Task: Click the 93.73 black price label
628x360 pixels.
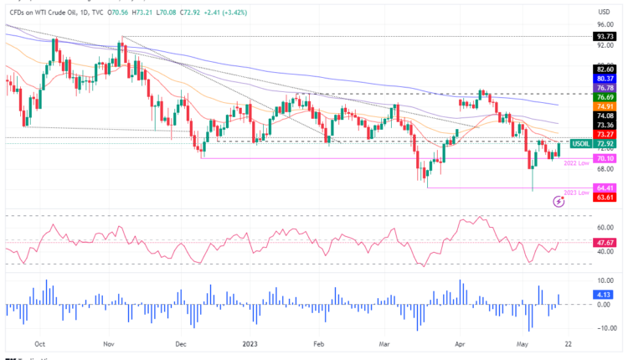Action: (604, 37)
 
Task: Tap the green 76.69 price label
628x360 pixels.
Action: (604, 97)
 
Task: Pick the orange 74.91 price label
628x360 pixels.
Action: (604, 106)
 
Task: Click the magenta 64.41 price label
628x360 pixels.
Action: (604, 188)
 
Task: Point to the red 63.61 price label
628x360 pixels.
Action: (604, 198)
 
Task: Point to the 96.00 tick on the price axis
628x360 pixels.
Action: (602, 24)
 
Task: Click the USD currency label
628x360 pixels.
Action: (603, 11)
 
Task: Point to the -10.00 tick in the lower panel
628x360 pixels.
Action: (604, 328)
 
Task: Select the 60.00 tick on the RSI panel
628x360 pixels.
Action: (603, 226)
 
